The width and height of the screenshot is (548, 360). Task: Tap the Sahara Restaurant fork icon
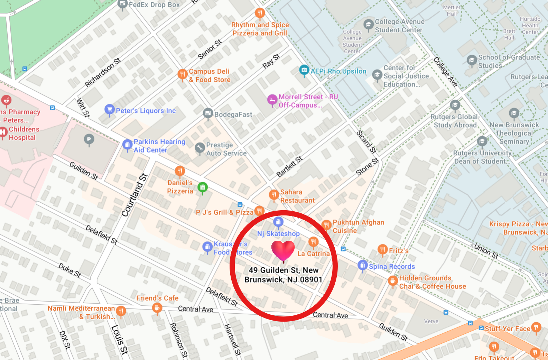pos(274,194)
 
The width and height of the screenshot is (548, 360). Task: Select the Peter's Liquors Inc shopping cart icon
pos(109,110)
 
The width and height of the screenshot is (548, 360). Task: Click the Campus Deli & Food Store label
pos(210,75)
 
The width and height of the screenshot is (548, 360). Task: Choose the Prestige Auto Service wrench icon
pos(200,148)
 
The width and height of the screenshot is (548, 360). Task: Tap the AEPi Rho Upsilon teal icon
pos(304,70)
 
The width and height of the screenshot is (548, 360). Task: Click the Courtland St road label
pos(134,195)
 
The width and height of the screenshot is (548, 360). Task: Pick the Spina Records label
pos(392,266)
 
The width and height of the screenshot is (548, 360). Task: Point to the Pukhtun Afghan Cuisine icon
pos(326,225)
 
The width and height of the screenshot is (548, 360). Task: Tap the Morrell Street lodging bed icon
pos(272,100)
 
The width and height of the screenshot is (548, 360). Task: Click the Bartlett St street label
pos(289,166)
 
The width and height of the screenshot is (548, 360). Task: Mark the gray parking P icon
pos(89,139)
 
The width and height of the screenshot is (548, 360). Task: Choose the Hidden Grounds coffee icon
pos(393,281)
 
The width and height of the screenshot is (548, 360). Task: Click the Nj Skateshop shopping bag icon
pos(278,222)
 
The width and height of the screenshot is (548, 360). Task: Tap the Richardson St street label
pos(103,72)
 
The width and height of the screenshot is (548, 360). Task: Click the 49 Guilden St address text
pos(284,275)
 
